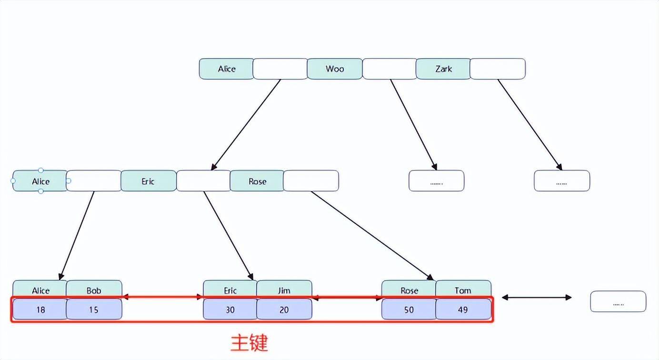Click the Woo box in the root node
(335, 69)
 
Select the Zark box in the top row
(443, 69)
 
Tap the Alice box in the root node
(227, 69)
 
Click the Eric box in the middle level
(148, 181)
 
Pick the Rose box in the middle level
(257, 181)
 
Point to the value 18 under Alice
(40, 310)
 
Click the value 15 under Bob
(94, 310)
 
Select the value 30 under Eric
(230, 310)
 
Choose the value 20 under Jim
(284, 310)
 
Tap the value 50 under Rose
(409, 310)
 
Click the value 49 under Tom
(463, 310)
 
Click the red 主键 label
(250, 342)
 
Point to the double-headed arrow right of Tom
(537, 298)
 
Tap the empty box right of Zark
(498, 69)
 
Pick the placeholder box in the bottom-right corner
(618, 301)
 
